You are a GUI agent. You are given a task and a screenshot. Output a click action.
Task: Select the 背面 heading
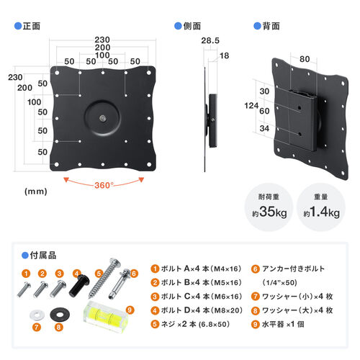point(270,25)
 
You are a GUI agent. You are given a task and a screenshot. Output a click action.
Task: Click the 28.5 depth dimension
point(210,40)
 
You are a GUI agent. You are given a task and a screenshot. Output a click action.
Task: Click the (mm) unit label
point(35,192)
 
